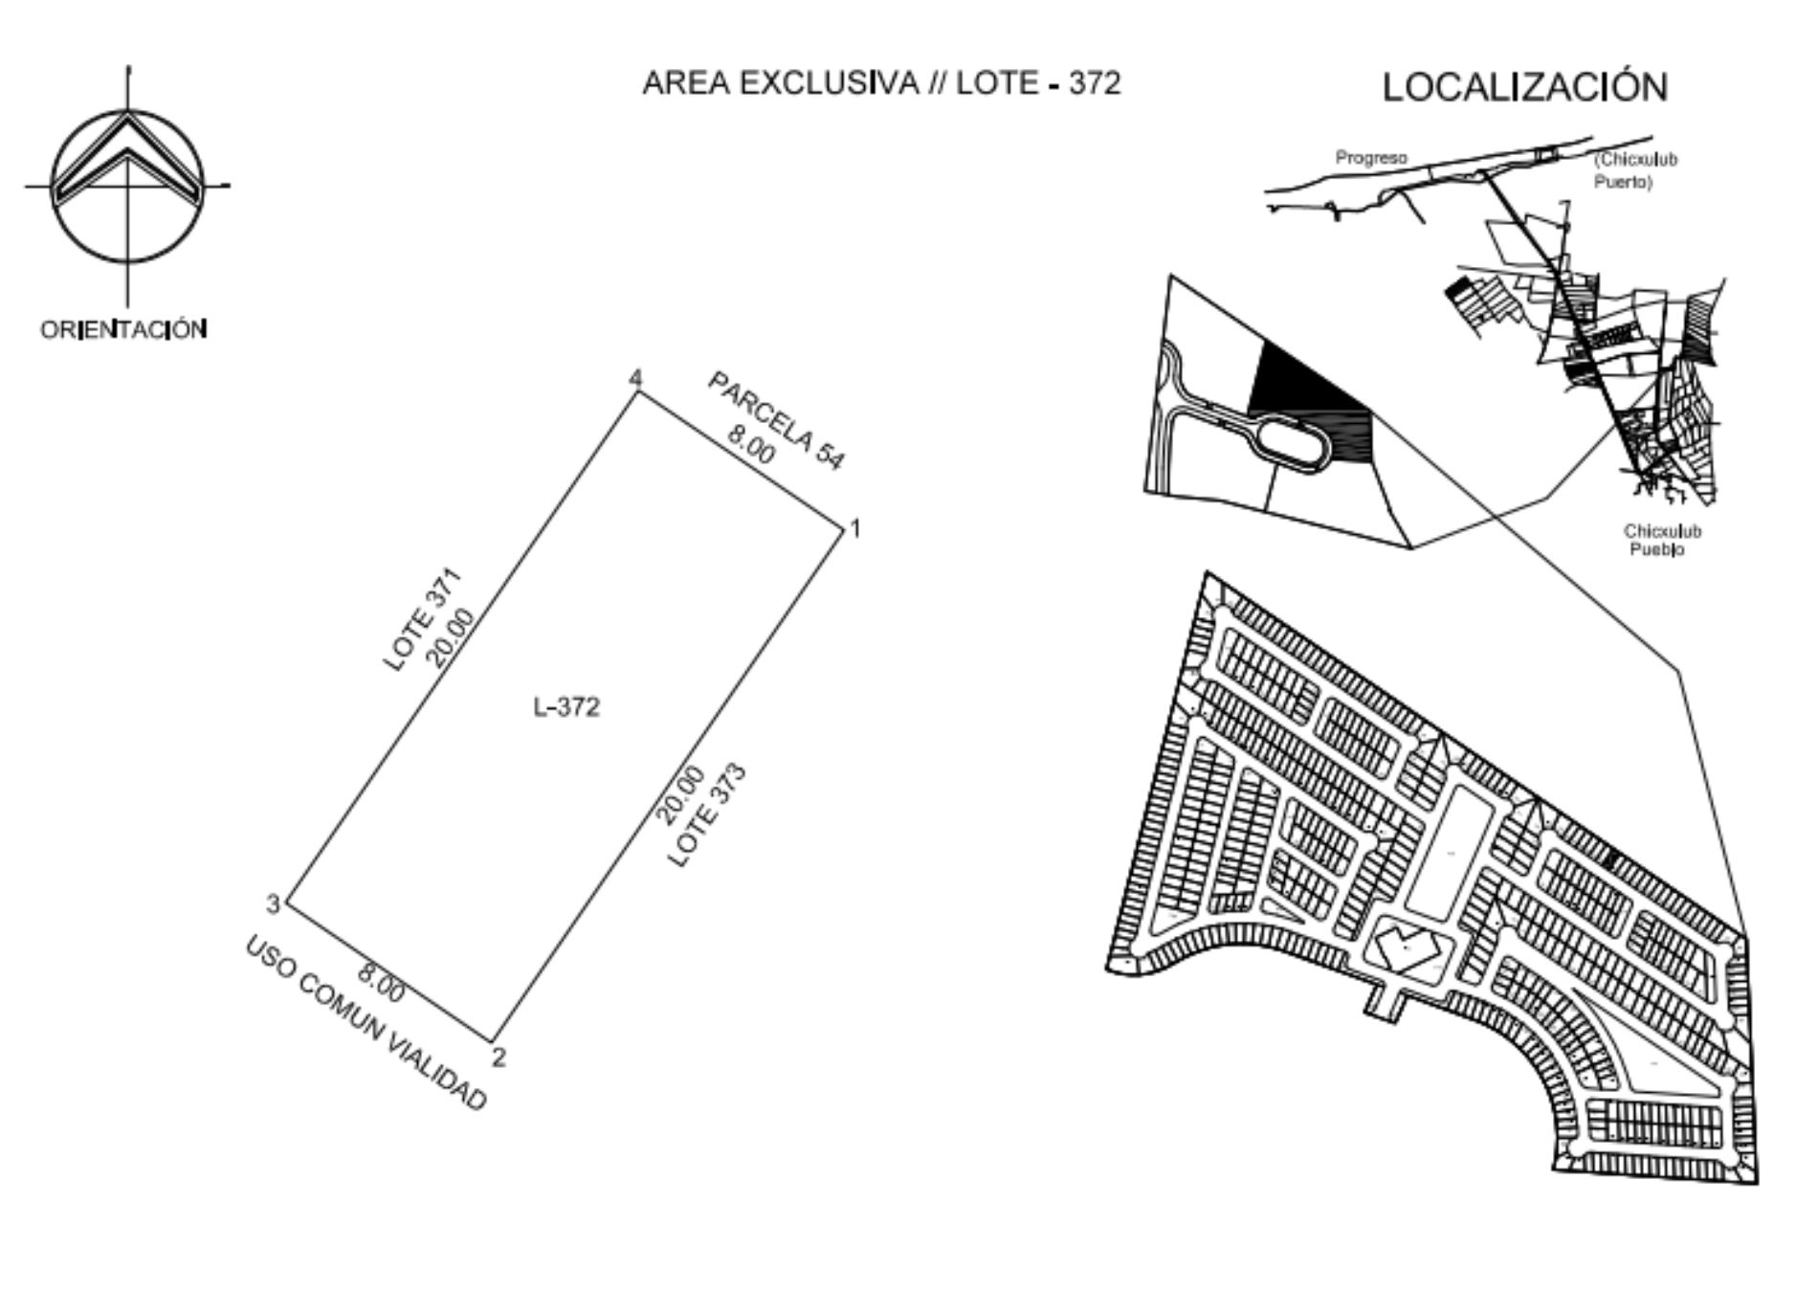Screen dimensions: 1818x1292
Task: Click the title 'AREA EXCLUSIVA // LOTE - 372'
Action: click(x=881, y=83)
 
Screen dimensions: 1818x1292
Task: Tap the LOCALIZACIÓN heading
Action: click(x=1525, y=87)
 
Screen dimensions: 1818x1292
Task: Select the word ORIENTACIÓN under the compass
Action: click(x=123, y=329)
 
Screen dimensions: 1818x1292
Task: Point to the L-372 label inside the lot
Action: click(x=566, y=706)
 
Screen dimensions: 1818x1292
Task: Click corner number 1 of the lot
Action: click(x=855, y=527)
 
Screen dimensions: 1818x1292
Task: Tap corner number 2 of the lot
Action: click(x=498, y=1057)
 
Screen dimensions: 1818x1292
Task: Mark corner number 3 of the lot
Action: click(x=273, y=903)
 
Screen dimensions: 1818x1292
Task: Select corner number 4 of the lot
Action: click(x=635, y=378)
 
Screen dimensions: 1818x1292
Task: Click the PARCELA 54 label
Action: click(x=777, y=421)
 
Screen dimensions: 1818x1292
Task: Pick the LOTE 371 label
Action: click(x=422, y=619)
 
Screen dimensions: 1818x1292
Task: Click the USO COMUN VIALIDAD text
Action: click(x=366, y=1023)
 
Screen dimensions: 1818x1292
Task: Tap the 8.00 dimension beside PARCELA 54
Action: click(x=751, y=443)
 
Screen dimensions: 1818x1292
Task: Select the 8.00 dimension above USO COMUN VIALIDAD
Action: click(x=381, y=983)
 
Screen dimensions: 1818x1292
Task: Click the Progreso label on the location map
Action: click(x=1371, y=158)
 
